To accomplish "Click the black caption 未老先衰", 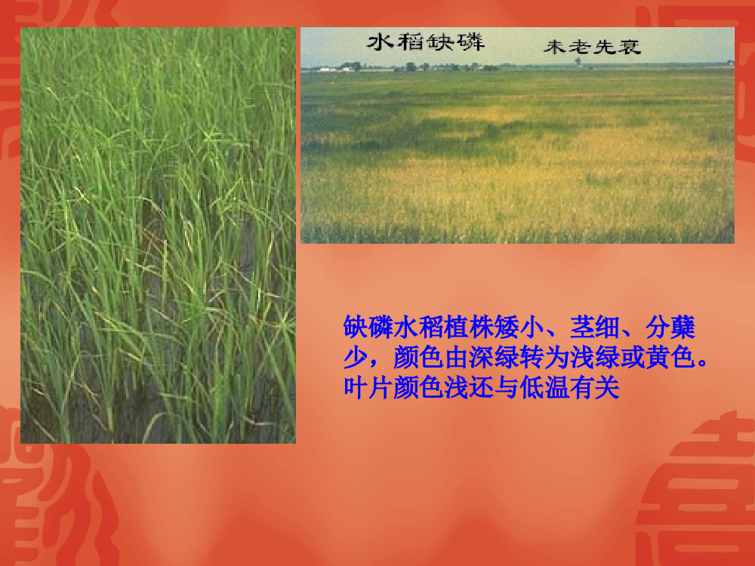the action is coord(592,47).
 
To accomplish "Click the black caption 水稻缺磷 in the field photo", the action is coord(426,42).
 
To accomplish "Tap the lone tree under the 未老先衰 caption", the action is coord(578,61).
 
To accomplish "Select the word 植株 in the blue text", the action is coord(469,328).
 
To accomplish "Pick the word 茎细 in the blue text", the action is coord(594,328).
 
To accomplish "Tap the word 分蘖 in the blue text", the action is coord(670,328).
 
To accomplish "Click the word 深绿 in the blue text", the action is coord(494,357).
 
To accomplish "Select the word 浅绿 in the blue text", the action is coord(594,357).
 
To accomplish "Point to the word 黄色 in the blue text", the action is coord(670,357).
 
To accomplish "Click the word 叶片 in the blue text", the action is coord(368,387).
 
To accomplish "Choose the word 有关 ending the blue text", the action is coord(594,387).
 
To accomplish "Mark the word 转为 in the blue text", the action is coord(544,357).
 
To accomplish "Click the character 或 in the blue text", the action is coord(632,357).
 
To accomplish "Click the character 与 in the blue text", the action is coord(507,387).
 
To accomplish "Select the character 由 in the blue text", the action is coord(457,357).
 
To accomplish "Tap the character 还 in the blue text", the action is coord(482,387).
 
